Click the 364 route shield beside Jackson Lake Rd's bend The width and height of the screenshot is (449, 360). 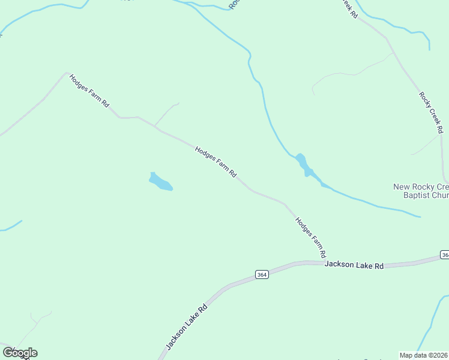261,274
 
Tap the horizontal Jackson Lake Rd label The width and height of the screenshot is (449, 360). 354,265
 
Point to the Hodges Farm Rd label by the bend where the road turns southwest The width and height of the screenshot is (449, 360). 89,91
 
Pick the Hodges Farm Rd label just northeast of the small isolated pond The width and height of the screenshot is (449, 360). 215,161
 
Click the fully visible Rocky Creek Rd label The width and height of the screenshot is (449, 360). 431,112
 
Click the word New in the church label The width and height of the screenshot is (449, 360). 402,187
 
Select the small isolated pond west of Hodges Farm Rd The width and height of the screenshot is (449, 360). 160,181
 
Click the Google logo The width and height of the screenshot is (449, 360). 20,353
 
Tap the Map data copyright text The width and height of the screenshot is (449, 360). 424,355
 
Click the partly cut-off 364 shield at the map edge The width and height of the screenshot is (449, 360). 444,255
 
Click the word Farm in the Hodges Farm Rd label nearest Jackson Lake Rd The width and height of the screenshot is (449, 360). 311,234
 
